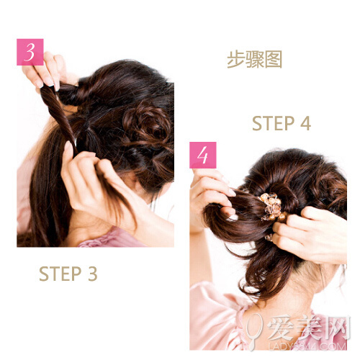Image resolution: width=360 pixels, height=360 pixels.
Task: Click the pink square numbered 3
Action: pyautogui.click(x=30, y=52)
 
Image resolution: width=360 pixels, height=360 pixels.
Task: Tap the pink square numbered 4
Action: pyautogui.click(x=203, y=155)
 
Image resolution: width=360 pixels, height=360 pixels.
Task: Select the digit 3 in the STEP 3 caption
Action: pyautogui.click(x=93, y=274)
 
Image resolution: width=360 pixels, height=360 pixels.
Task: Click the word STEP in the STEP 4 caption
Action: pyautogui.click(x=274, y=123)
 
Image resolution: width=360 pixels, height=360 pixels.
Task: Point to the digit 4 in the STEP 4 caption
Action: pyautogui.click(x=306, y=123)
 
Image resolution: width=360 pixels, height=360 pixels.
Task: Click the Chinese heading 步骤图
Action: pyautogui.click(x=254, y=59)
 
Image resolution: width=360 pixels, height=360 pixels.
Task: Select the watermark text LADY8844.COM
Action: pyautogui.click(x=307, y=346)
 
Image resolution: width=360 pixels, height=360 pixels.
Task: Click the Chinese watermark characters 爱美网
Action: pyautogui.click(x=308, y=328)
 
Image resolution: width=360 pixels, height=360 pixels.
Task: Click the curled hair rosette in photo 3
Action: pyautogui.click(x=147, y=125)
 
